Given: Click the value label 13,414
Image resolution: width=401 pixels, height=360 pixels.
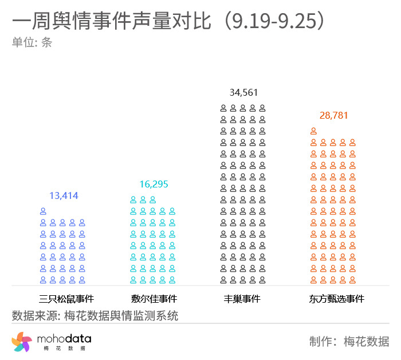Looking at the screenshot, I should pyautogui.click(x=64, y=196).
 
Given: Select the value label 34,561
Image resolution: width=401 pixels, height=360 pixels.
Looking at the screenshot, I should pyautogui.click(x=243, y=92).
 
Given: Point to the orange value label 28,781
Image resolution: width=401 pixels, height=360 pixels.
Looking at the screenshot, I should pyautogui.click(x=333, y=115).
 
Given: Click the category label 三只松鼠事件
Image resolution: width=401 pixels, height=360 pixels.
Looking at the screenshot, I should pyautogui.click(x=66, y=299).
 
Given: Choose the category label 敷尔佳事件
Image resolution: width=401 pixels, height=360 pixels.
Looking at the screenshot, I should pyautogui.click(x=154, y=299).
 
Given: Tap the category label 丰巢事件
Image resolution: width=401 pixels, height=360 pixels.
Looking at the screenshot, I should pyautogui.click(x=242, y=299).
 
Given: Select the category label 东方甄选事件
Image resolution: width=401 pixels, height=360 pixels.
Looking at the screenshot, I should pyautogui.click(x=336, y=299).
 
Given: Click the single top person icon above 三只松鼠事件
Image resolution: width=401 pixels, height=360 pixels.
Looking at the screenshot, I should pyautogui.click(x=43, y=211).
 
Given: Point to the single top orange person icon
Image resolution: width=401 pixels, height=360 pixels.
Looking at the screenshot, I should pyautogui.click(x=313, y=131).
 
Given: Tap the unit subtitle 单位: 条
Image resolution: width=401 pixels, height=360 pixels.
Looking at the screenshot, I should pyautogui.click(x=32, y=42).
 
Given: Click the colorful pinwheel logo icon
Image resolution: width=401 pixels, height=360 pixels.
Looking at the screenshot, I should pyautogui.click(x=22, y=342).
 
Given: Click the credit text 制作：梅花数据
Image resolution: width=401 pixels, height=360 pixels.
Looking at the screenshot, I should pyautogui.click(x=349, y=342).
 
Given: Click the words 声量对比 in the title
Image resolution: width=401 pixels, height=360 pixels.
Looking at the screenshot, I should pyautogui.click(x=172, y=22).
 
